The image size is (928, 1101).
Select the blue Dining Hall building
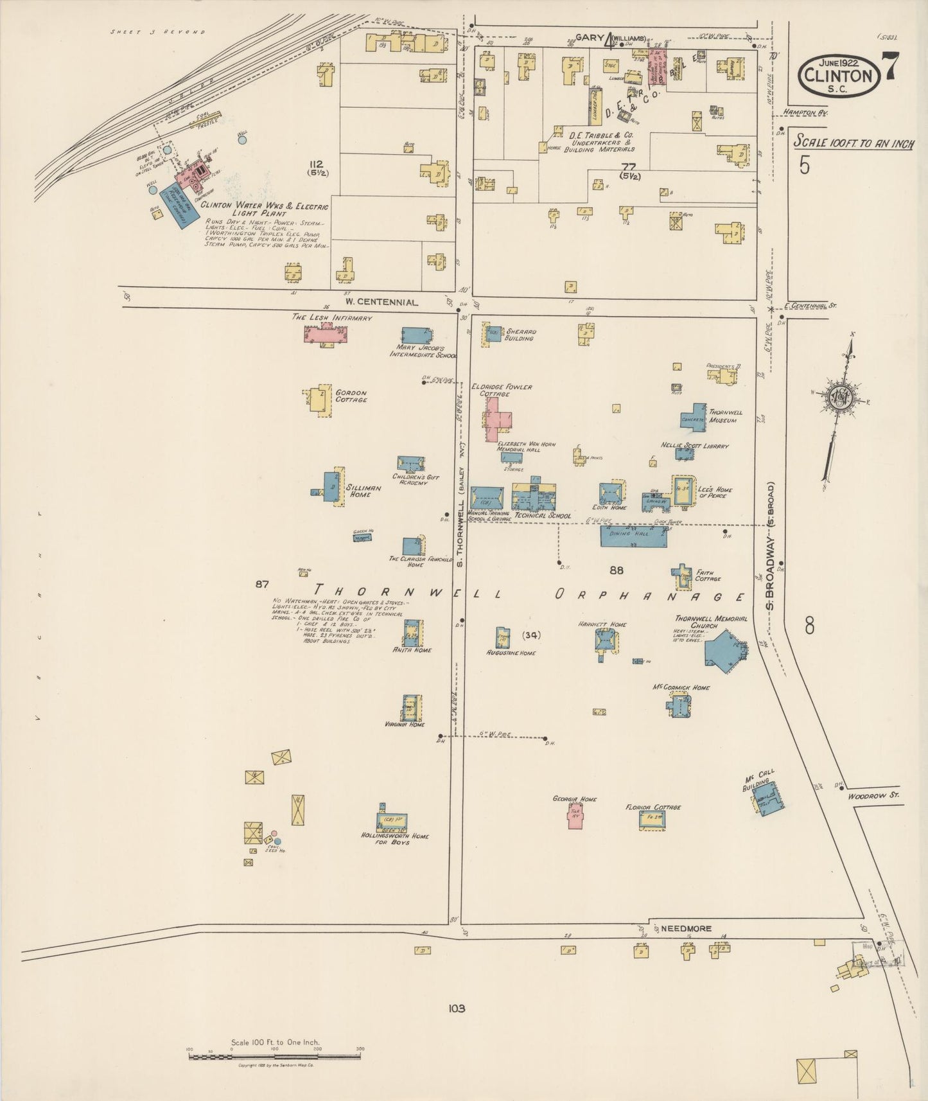(633, 536)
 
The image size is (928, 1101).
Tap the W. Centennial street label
(381, 301)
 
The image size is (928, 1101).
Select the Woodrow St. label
(874, 795)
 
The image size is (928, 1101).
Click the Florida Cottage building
(652, 820)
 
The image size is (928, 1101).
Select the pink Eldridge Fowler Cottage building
(498, 420)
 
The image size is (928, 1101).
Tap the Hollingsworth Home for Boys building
(391, 821)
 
